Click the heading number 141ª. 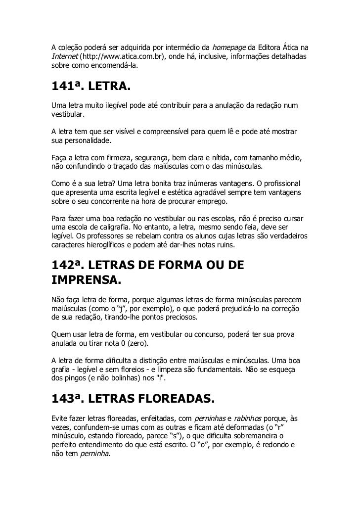67,87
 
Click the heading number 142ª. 68,265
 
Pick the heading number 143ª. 68,399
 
